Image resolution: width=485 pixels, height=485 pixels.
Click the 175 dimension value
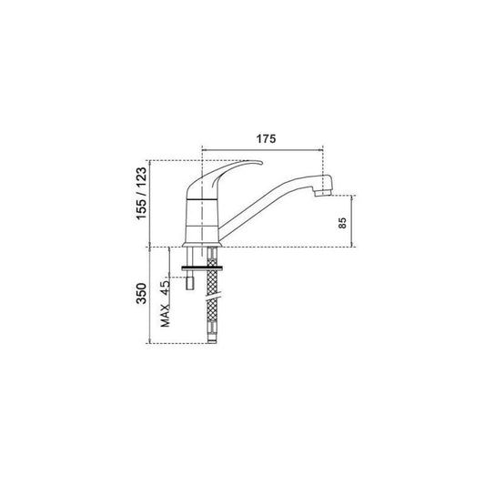point(266,139)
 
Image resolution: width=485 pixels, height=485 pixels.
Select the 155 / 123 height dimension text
point(142,193)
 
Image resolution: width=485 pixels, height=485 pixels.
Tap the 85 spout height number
point(343,223)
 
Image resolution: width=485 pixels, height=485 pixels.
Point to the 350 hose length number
point(142,293)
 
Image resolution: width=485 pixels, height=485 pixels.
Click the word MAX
point(166,316)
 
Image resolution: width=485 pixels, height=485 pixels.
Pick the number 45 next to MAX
point(166,288)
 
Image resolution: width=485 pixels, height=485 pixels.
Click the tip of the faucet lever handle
point(261,162)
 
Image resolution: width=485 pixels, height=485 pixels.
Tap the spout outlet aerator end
point(322,193)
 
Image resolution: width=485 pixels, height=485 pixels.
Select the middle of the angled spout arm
point(266,203)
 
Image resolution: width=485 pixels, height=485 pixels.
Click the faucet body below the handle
point(203,221)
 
